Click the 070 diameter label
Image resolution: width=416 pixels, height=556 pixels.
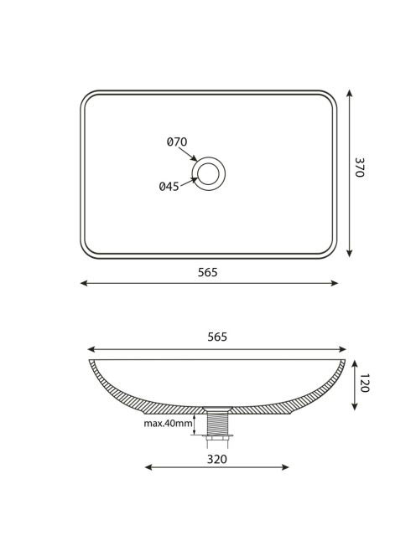tap(177, 142)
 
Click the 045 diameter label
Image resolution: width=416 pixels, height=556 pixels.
tap(169, 186)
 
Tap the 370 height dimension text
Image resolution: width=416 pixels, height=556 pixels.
tap(359, 167)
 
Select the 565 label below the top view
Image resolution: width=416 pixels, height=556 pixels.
tap(207, 272)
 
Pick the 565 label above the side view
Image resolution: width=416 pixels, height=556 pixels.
tap(217, 337)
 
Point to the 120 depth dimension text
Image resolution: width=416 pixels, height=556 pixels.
tap(365, 383)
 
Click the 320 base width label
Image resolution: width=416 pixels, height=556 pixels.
tap(217, 459)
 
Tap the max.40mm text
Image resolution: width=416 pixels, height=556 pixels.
tap(168, 423)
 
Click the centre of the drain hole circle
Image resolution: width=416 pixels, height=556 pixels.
tap(209, 174)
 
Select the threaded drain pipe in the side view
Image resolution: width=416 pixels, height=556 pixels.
tap(217, 423)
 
